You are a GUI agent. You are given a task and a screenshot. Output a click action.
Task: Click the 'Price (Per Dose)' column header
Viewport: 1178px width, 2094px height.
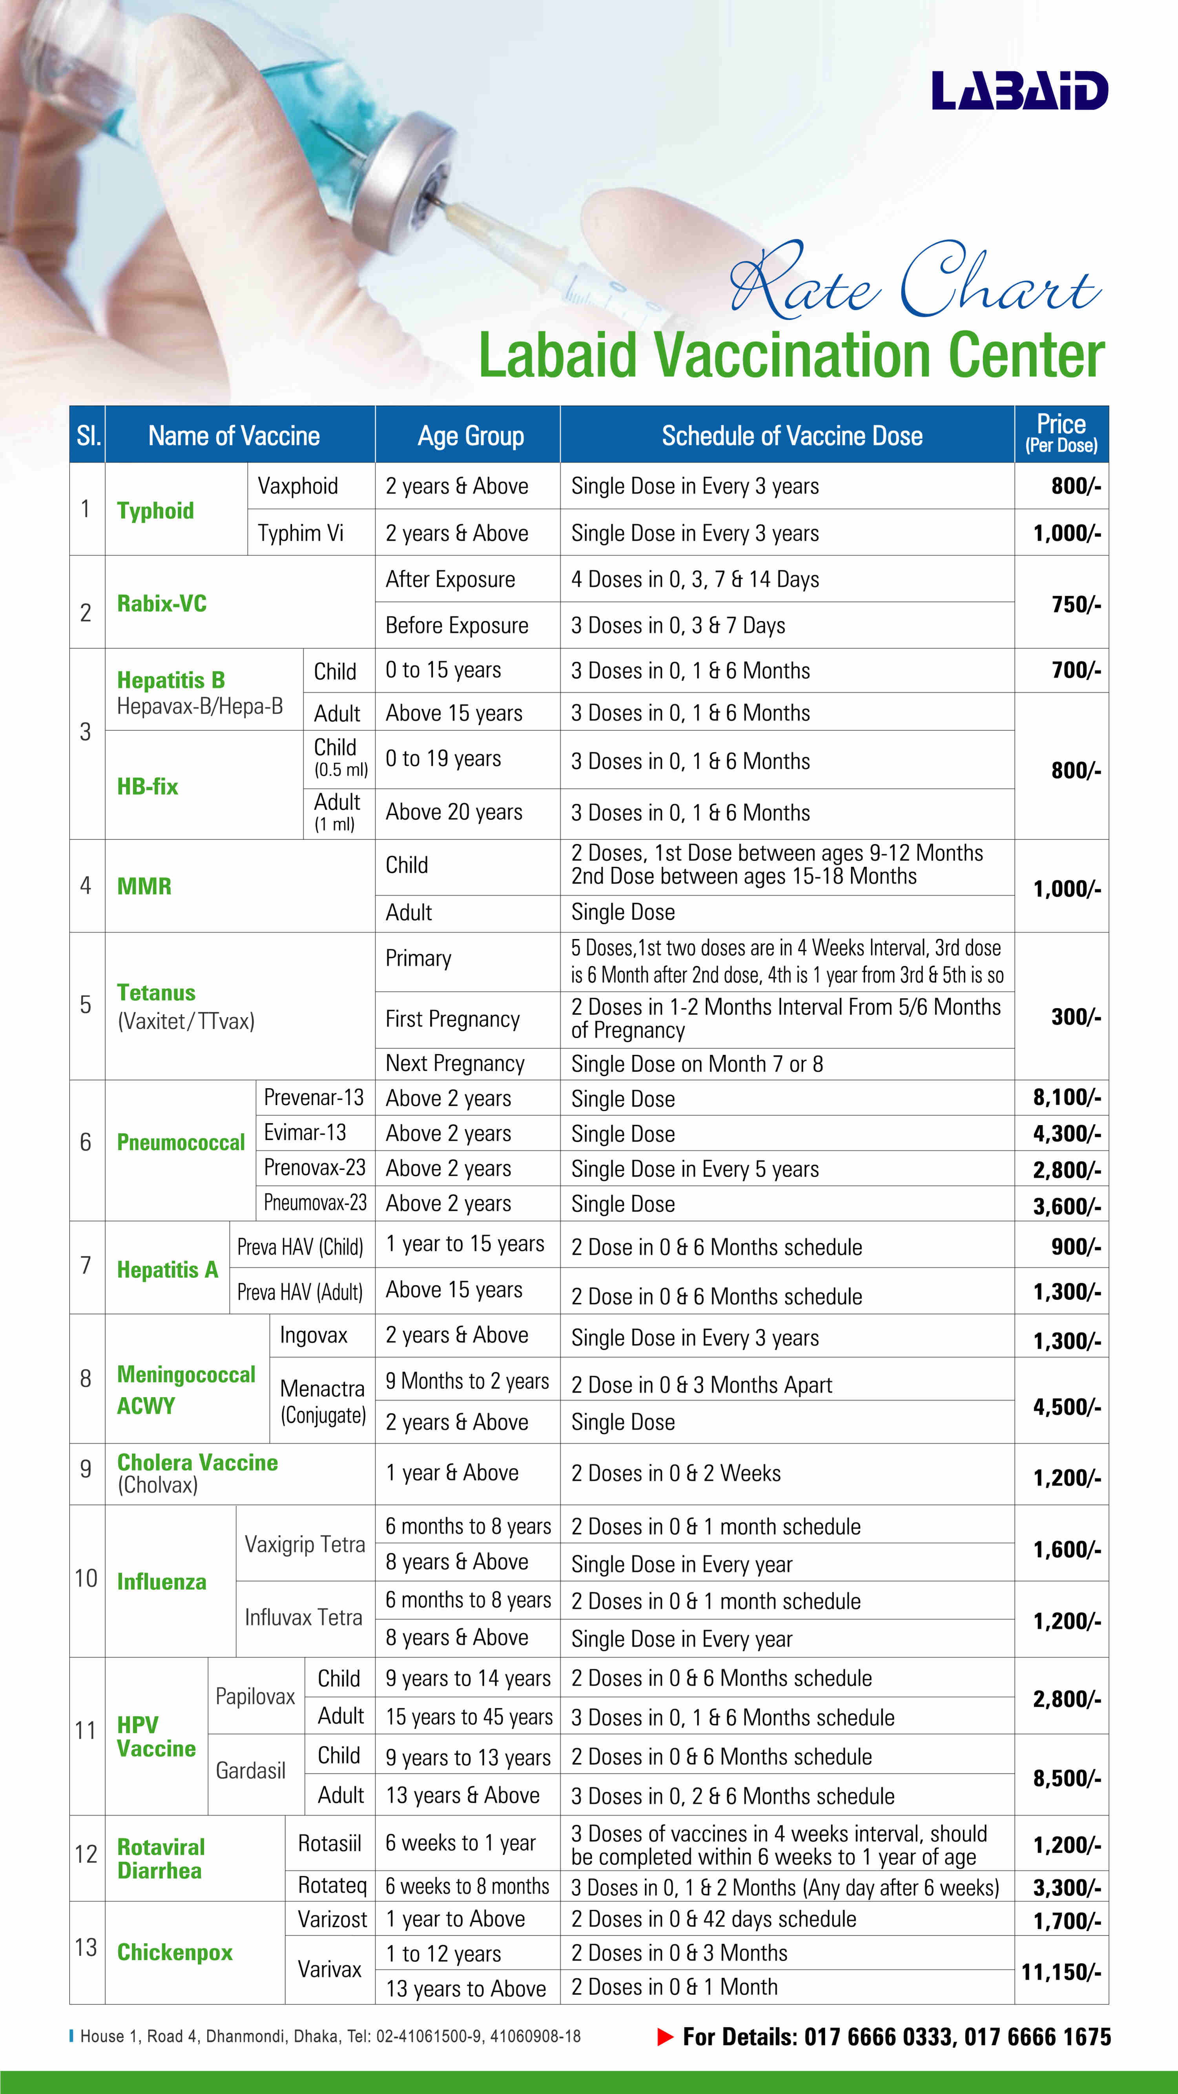(x=1061, y=433)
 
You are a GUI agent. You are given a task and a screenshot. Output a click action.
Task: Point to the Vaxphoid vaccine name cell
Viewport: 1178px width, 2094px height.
(x=297, y=486)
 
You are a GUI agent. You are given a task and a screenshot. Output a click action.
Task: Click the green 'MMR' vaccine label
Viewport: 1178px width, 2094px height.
(x=144, y=886)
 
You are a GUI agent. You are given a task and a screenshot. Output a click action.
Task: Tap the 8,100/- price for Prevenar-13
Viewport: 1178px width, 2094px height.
(x=1066, y=1097)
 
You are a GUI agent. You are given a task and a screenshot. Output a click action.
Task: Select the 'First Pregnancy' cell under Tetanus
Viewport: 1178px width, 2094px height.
(x=452, y=1020)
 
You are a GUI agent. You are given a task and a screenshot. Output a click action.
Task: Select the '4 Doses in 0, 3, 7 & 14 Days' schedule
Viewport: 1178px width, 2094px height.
(x=694, y=580)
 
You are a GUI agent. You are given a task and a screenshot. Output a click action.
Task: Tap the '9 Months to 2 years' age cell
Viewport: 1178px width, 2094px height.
(x=467, y=1381)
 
